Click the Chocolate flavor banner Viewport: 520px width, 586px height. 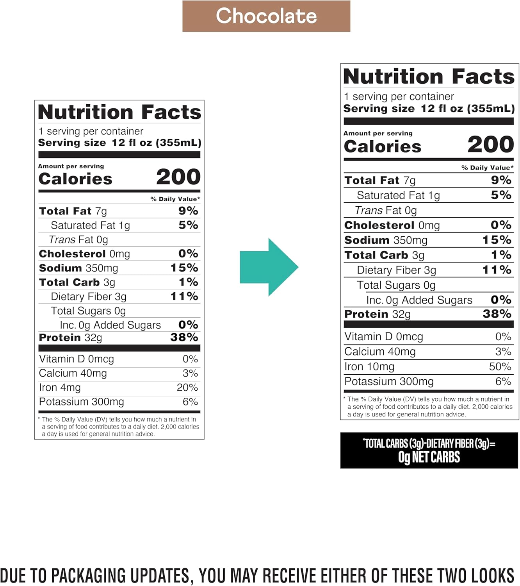tap(266, 16)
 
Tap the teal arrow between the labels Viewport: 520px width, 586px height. tap(269, 267)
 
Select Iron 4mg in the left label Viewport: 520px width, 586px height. tap(60, 388)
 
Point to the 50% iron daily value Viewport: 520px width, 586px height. tap(500, 366)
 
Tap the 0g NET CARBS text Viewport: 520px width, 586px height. tap(429, 457)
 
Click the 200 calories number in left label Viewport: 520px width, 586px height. tap(178, 177)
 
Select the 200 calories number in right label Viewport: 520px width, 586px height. tap(490, 145)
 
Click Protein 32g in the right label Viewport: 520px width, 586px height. tap(377, 314)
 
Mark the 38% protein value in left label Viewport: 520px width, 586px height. tap(184, 337)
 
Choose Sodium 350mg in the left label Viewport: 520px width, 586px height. tap(78, 268)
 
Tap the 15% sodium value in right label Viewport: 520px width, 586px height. tap(497, 239)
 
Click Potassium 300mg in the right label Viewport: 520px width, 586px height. tap(389, 382)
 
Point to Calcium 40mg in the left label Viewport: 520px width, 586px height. tap(73, 373)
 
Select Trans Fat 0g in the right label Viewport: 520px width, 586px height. tap(386, 211)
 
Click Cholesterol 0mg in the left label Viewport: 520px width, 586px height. tap(84, 254)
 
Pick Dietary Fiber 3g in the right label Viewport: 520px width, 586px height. tap(396, 270)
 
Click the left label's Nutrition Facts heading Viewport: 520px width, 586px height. tap(119, 113)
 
